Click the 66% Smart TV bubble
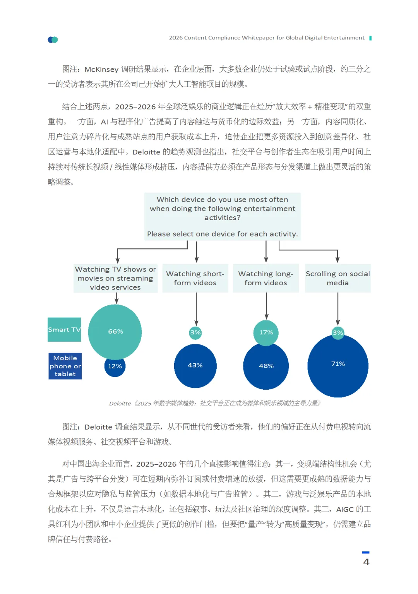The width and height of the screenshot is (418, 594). (x=115, y=332)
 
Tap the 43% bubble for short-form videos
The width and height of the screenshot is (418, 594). (x=195, y=366)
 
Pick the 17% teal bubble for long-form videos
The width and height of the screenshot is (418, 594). (x=266, y=332)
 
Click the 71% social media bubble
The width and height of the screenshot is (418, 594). (x=338, y=366)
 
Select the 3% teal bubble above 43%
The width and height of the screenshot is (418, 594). (x=195, y=332)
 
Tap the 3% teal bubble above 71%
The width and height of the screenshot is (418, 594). (x=338, y=332)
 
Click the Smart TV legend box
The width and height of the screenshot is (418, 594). (x=64, y=330)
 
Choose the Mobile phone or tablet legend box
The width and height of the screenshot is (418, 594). (x=65, y=366)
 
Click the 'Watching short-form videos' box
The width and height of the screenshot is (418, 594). (x=195, y=278)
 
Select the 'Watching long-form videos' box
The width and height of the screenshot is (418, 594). (x=266, y=278)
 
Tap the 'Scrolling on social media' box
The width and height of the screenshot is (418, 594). (x=338, y=278)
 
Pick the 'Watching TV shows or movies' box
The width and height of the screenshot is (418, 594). (x=115, y=278)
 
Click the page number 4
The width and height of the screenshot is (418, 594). (x=366, y=562)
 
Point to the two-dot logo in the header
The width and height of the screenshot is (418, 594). (x=53, y=39)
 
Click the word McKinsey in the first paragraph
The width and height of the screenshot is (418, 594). (x=101, y=70)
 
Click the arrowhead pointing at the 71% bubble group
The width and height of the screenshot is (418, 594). (x=338, y=323)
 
